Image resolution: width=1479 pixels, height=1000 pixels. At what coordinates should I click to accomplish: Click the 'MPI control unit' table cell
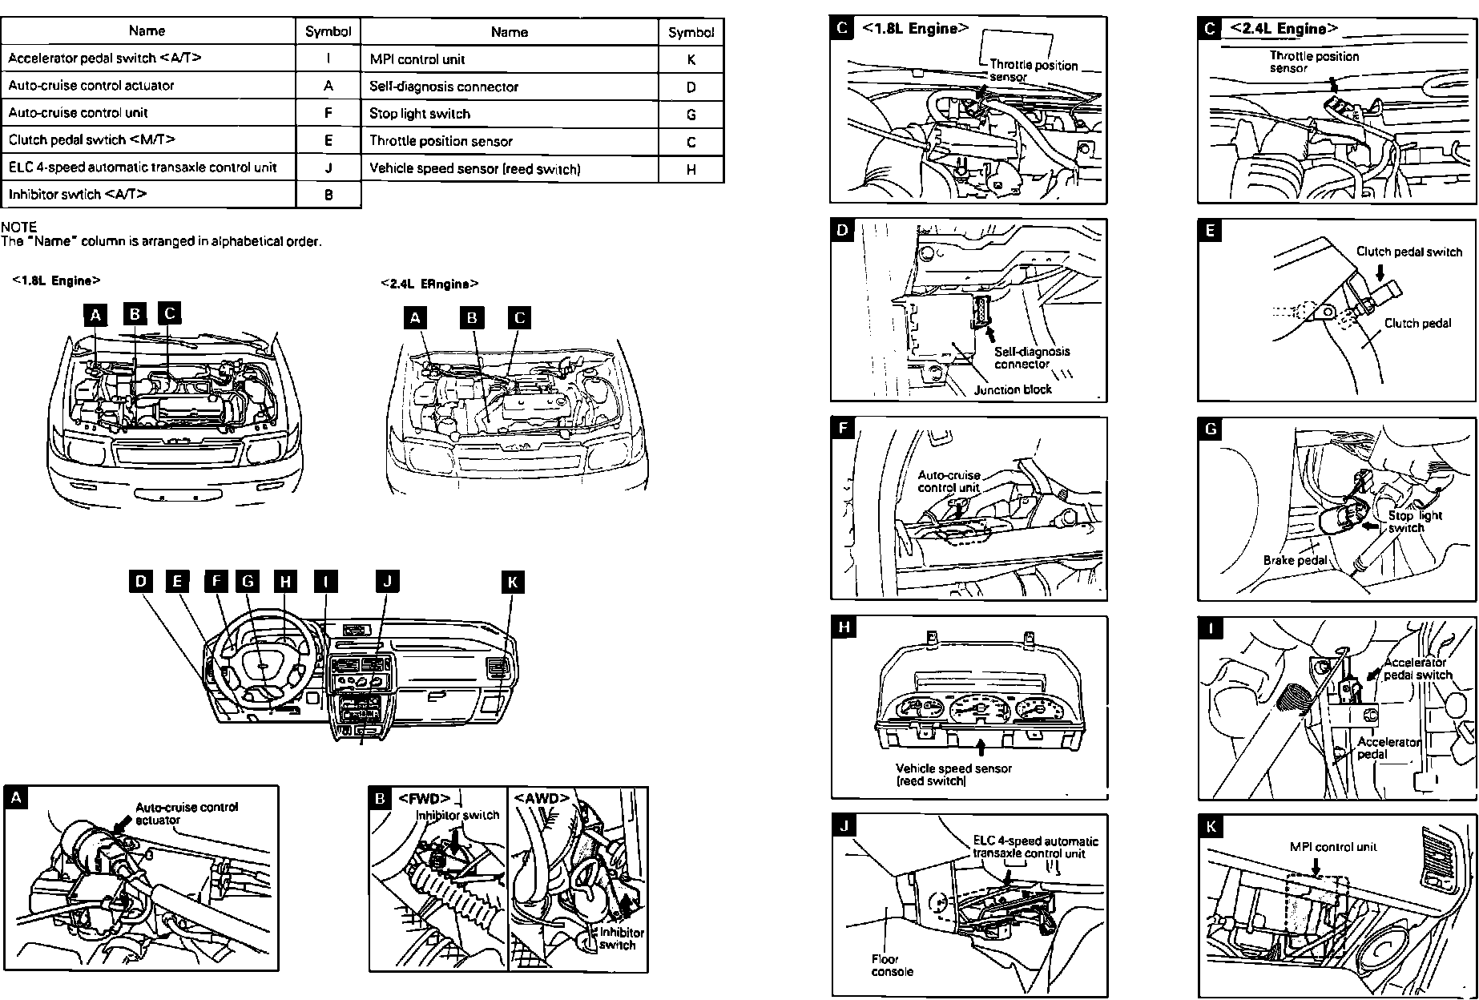[x=509, y=59]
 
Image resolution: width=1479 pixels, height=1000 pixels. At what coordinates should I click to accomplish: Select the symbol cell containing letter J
[x=328, y=167]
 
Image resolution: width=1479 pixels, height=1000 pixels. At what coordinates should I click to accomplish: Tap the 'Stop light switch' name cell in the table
[x=509, y=114]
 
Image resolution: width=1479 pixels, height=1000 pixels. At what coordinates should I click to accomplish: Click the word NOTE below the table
[x=19, y=227]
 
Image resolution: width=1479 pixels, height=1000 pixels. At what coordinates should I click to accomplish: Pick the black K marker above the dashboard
[x=513, y=583]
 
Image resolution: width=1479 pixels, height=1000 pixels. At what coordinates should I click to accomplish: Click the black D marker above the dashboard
[x=141, y=581]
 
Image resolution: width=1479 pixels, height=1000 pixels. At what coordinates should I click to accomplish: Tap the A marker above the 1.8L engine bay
[x=95, y=315]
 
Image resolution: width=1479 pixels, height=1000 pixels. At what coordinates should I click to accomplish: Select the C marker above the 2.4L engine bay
[x=519, y=318]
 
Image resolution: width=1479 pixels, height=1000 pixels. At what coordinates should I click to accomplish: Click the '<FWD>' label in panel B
[x=424, y=799]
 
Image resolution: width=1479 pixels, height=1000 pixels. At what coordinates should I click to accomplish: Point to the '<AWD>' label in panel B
[x=542, y=799]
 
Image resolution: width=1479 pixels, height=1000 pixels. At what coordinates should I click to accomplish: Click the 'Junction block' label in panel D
[x=1013, y=389]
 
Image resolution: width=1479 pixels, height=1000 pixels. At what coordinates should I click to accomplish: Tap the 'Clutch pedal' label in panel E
[x=1417, y=324]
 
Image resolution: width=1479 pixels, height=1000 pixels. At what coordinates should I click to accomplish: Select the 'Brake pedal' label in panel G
[x=1295, y=560]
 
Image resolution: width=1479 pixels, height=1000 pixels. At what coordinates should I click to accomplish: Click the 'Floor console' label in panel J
[x=892, y=965]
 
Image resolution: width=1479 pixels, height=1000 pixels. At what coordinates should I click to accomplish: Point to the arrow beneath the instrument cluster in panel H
[x=981, y=748]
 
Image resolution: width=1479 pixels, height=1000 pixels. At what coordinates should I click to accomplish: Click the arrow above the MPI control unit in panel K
[x=1315, y=865]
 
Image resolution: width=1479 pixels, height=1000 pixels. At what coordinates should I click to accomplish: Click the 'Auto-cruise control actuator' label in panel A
[x=186, y=813]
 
